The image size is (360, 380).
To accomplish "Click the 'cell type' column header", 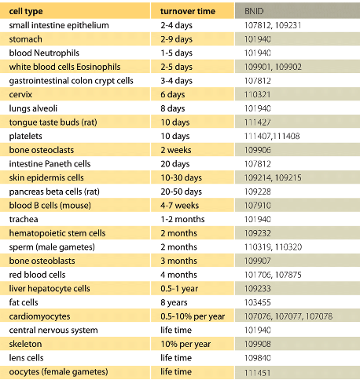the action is click(26, 11).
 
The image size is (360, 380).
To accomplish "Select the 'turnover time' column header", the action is click(188, 11).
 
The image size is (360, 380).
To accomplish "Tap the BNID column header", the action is click(254, 11).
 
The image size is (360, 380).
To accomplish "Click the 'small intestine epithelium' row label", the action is click(59, 25).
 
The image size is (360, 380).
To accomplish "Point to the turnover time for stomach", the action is click(177, 39).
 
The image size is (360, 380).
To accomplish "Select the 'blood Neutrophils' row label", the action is click(44, 53).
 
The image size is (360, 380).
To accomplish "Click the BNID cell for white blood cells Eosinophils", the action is click(273, 67).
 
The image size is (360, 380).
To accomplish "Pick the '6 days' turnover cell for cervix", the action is click(173, 94).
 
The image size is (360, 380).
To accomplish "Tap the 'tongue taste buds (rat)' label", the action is click(53, 122).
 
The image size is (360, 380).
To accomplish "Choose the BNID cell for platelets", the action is click(272, 136).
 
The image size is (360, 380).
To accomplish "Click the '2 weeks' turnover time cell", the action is click(176, 150).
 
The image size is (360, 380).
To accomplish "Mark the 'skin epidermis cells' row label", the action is click(46, 177).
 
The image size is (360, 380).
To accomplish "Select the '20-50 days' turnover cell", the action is click(182, 192).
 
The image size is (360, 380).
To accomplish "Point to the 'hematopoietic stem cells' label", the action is click(57, 233).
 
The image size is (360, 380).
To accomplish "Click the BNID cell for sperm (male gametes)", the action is click(273, 247).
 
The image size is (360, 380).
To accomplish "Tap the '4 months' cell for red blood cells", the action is click(178, 275).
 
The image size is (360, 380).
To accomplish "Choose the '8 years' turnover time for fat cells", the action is click(174, 302).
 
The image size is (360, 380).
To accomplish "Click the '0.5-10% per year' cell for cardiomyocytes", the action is click(193, 316).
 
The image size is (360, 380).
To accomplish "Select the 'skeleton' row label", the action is click(25, 344).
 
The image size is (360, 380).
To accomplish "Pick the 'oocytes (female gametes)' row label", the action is click(58, 372).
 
